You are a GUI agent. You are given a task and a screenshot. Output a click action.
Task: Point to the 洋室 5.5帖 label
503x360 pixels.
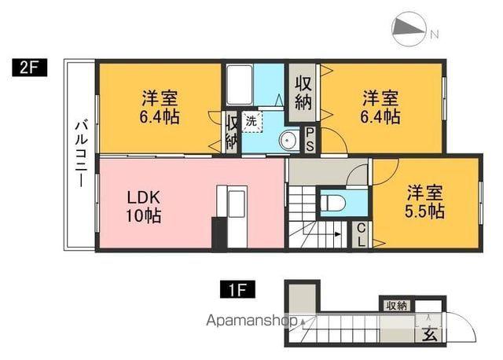click(x=425, y=202)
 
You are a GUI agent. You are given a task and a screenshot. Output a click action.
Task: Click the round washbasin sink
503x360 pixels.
click(x=288, y=141)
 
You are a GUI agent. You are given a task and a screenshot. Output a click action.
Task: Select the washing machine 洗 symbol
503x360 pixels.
click(x=251, y=122)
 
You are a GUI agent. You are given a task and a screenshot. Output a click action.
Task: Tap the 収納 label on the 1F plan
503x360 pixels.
click(x=395, y=305)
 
